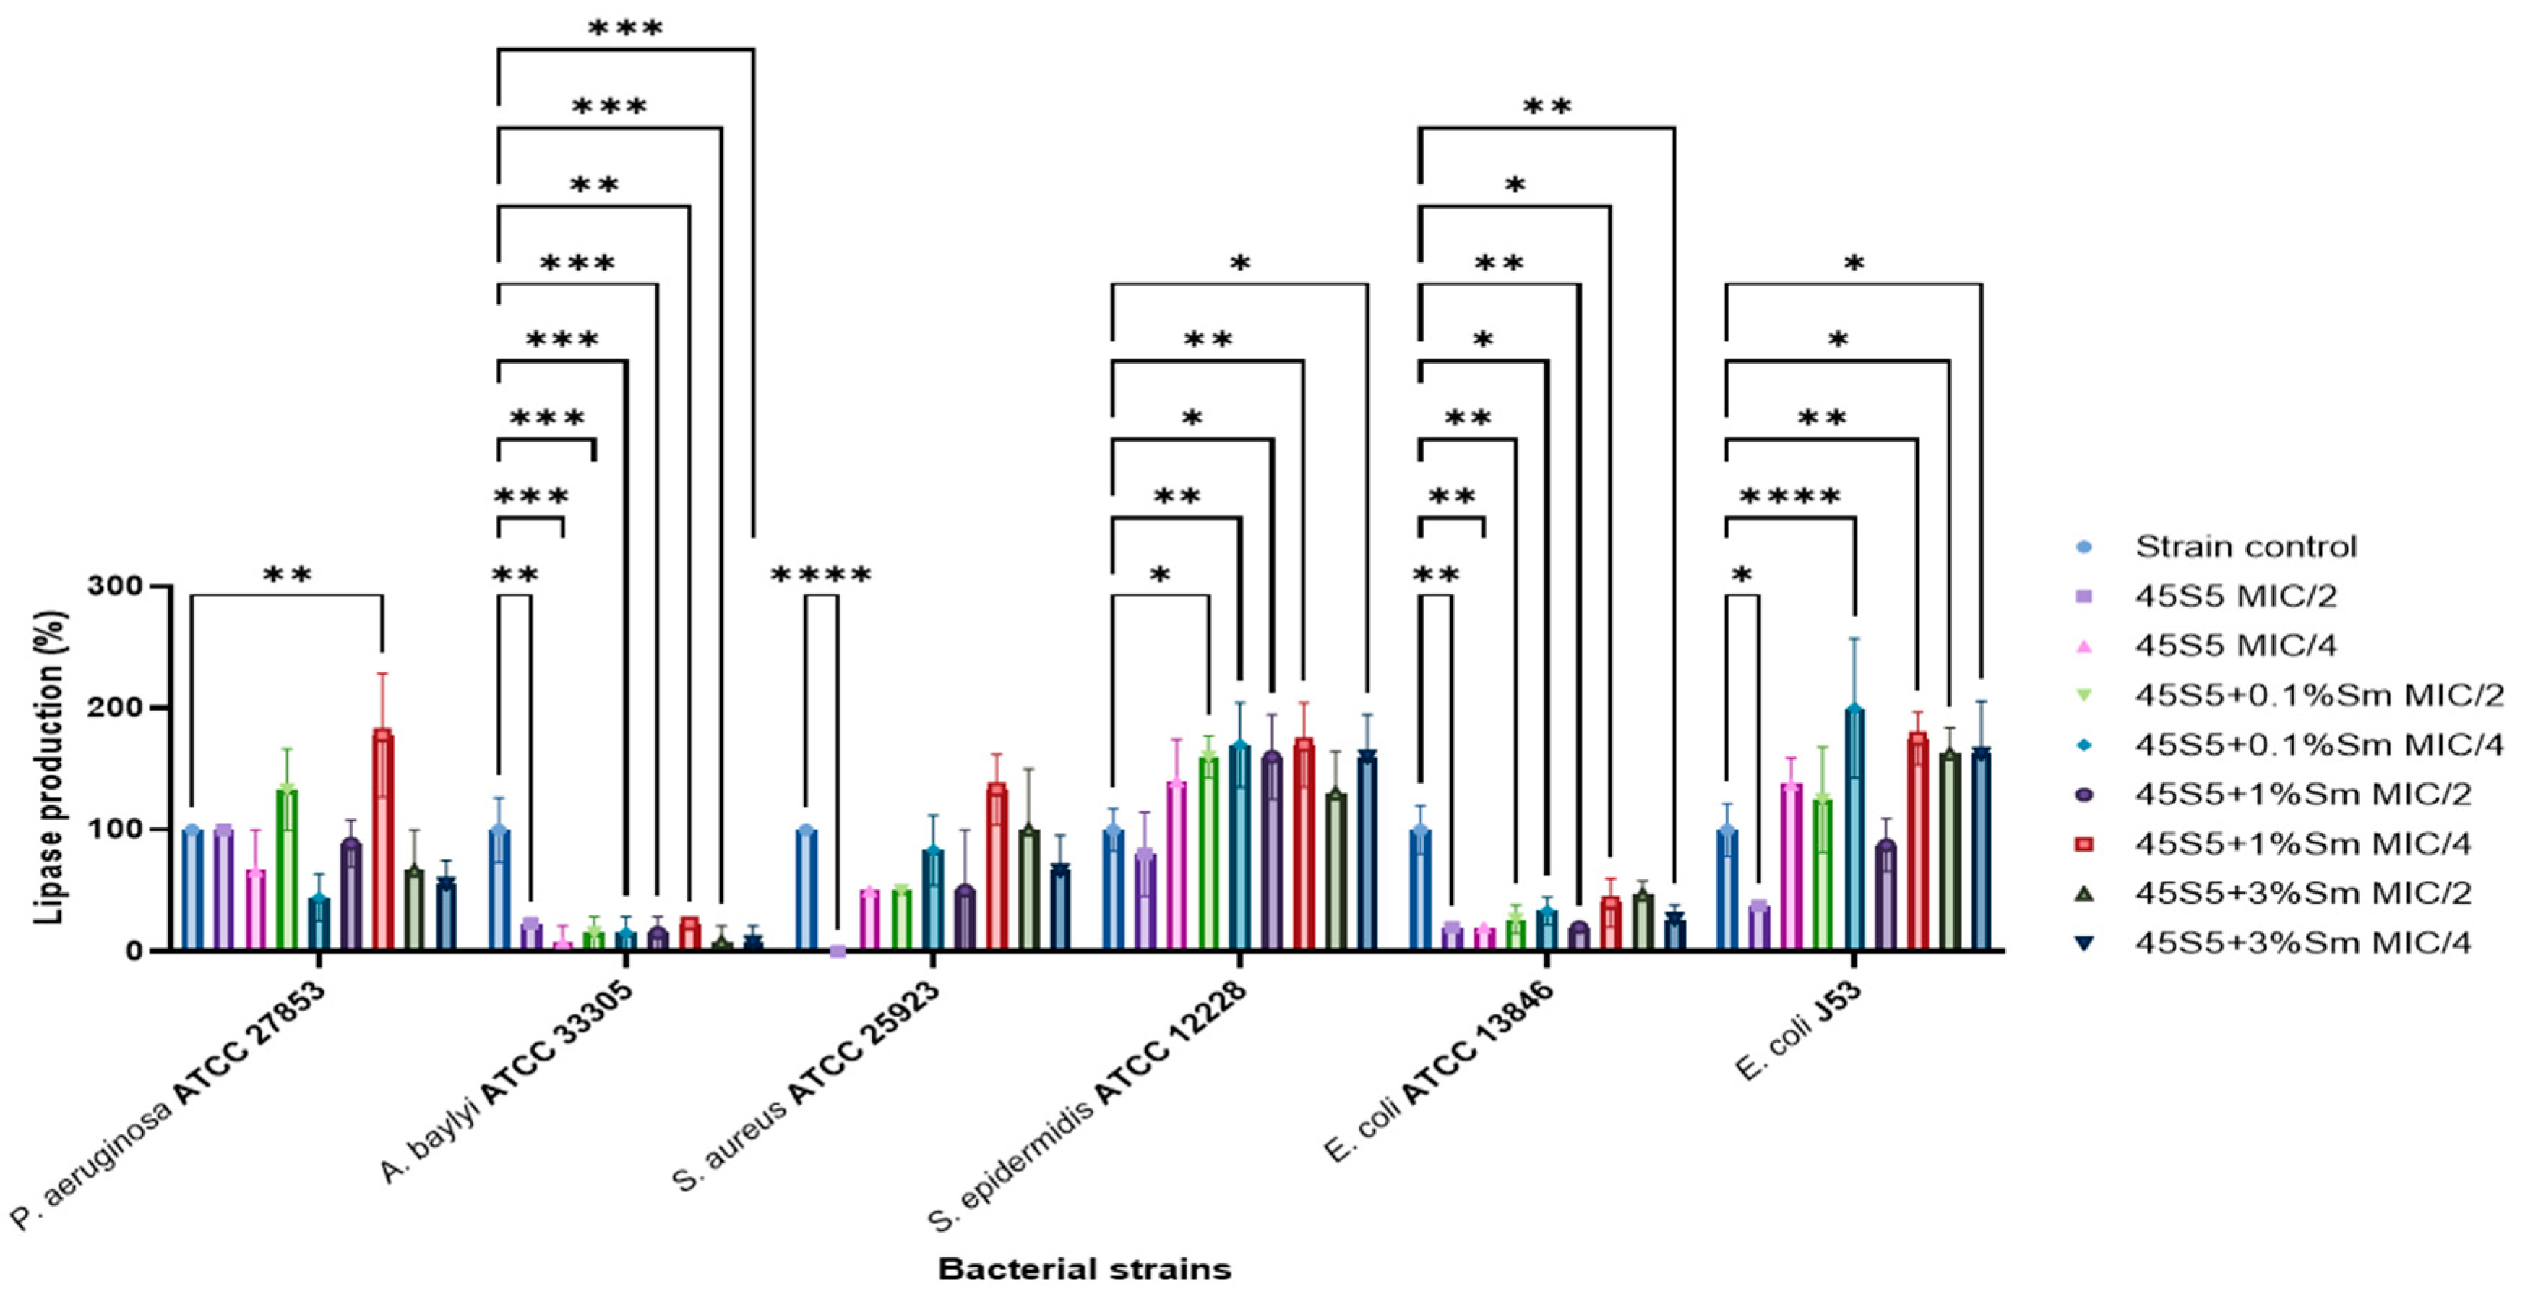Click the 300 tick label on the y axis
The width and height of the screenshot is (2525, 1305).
click(115, 586)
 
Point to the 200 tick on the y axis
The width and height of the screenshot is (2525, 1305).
click(115, 708)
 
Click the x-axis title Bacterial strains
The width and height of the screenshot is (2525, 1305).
click(1084, 1269)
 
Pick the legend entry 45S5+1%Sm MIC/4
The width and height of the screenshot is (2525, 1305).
click(2302, 843)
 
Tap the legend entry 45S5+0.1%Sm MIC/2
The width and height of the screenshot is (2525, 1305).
click(2319, 695)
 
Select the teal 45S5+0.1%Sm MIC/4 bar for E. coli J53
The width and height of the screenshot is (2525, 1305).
click(1854, 828)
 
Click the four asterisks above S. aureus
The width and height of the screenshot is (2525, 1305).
click(822, 576)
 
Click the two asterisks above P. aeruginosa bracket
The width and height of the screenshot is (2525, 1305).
click(287, 576)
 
